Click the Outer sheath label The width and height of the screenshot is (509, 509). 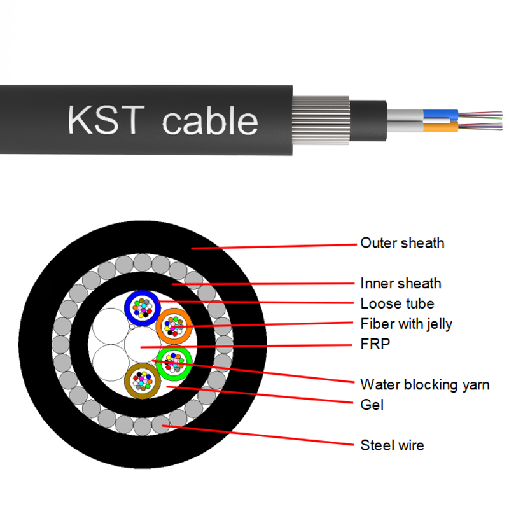(x=402, y=243)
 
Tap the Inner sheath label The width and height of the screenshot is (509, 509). (x=400, y=283)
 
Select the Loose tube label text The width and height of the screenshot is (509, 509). (x=397, y=303)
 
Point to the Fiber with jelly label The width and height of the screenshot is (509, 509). (x=406, y=324)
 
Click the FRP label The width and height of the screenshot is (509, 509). (x=375, y=344)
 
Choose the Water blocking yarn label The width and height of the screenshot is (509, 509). (x=424, y=384)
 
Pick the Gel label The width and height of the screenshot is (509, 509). (x=372, y=405)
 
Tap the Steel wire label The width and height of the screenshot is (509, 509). (x=392, y=445)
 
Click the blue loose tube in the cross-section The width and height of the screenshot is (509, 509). (x=141, y=308)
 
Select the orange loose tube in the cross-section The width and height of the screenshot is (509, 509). (x=174, y=327)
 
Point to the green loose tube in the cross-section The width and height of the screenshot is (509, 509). (x=174, y=363)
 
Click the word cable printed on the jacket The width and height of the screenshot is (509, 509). (x=210, y=121)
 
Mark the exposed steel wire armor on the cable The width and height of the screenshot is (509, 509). (x=321, y=119)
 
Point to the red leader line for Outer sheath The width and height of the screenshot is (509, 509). (x=274, y=246)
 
